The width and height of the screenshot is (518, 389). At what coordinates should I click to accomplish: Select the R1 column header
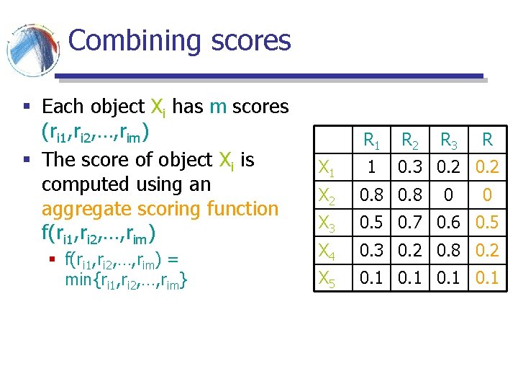pyautogui.click(x=371, y=140)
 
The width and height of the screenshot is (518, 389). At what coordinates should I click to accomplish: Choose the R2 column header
pyautogui.click(x=411, y=140)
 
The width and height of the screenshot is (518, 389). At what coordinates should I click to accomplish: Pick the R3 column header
pyautogui.click(x=450, y=140)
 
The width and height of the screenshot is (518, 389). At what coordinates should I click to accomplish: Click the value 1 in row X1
pyautogui.click(x=371, y=168)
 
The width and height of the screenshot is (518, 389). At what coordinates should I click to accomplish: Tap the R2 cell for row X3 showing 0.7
pyautogui.click(x=411, y=223)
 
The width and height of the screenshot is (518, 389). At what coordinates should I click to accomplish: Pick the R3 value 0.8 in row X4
pyautogui.click(x=450, y=250)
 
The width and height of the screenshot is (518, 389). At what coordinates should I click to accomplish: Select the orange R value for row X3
pyautogui.click(x=488, y=223)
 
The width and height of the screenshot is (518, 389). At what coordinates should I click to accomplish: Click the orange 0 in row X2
pyautogui.click(x=488, y=195)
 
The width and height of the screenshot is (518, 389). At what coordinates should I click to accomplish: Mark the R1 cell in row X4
pyautogui.click(x=371, y=250)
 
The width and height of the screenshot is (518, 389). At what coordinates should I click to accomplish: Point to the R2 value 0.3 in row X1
pyautogui.click(x=411, y=168)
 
